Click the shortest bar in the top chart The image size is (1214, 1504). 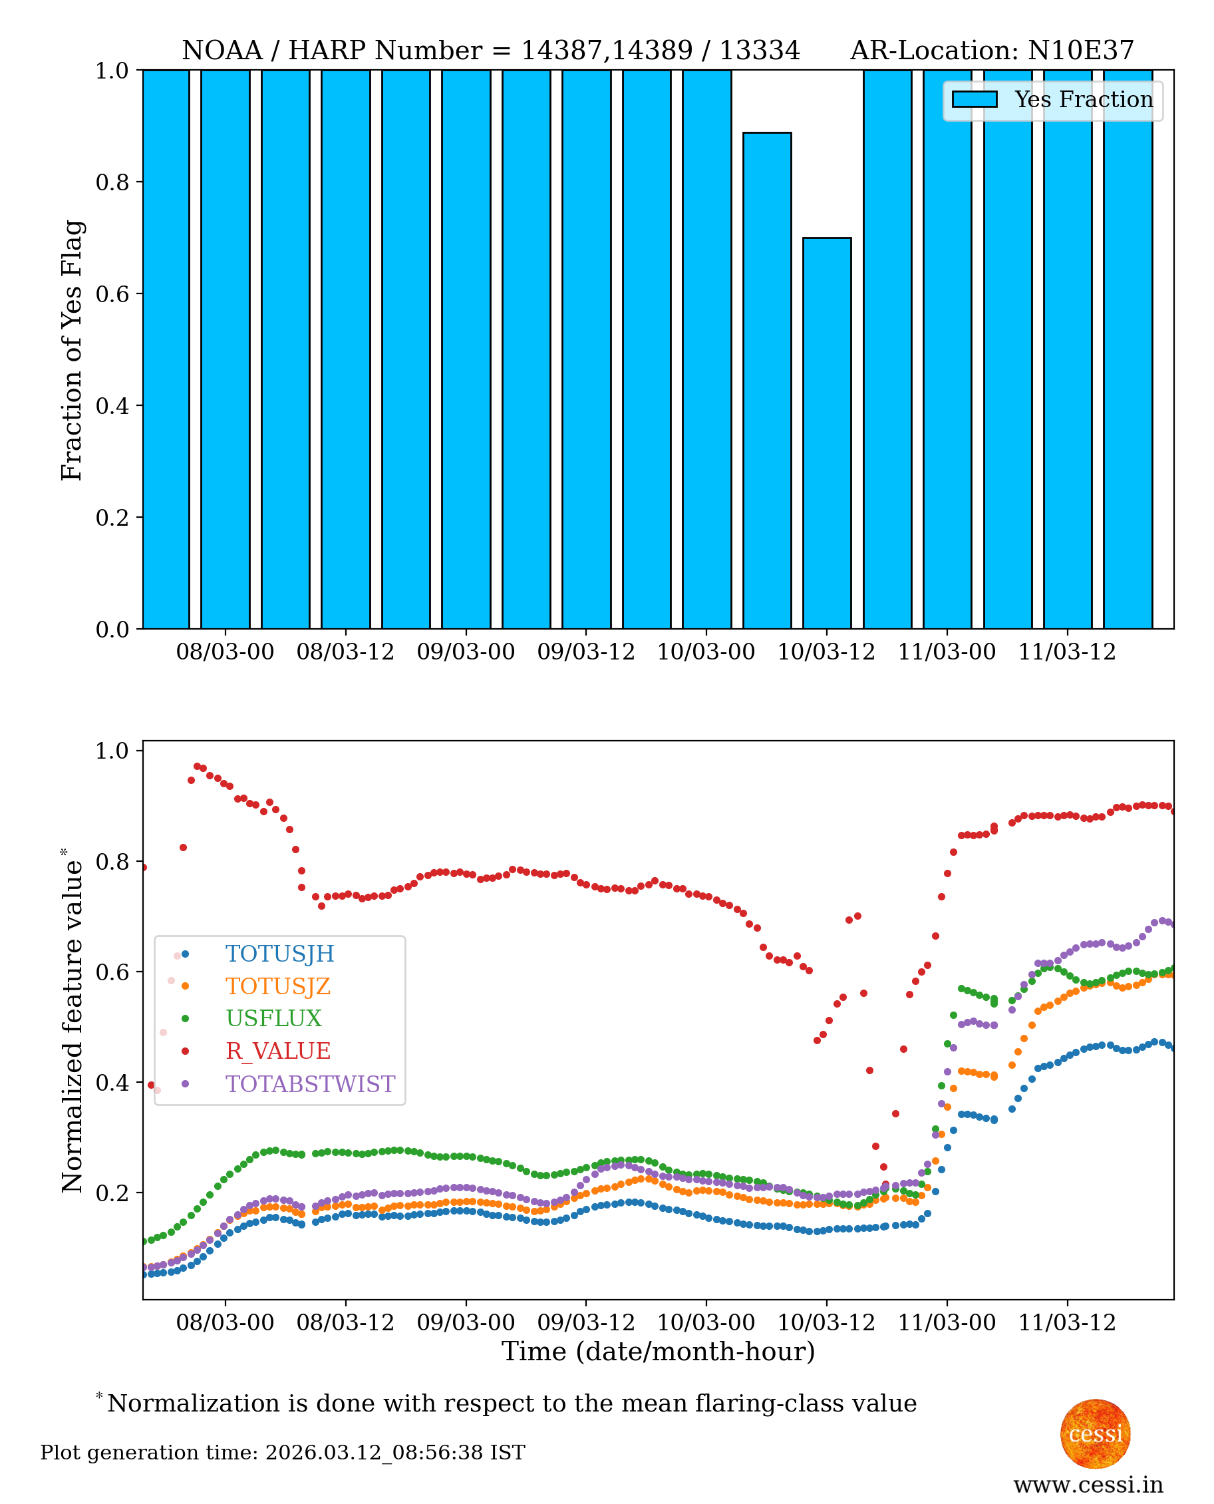(827, 434)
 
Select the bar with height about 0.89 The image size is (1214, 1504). (766, 381)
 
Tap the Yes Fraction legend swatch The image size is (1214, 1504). (974, 99)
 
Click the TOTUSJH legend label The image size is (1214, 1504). (280, 954)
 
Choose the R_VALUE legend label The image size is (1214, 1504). (277, 1051)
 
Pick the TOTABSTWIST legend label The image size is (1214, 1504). (310, 1084)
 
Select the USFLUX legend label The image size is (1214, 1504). (273, 1020)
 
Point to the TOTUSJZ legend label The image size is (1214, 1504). (277, 986)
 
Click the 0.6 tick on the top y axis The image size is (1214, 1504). (112, 293)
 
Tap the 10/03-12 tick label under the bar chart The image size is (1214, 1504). (827, 652)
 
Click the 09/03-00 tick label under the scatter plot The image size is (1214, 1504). (466, 1323)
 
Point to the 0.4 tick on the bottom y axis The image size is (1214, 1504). (112, 1083)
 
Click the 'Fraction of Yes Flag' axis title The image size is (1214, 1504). (71, 350)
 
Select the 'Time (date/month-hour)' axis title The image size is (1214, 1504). (658, 1352)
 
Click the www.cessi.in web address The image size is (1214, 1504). (1088, 1485)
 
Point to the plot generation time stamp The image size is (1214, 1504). (283, 1453)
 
